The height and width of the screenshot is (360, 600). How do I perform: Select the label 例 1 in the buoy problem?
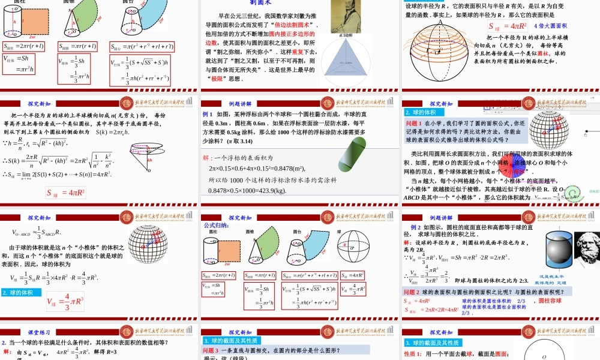[x=208, y=113]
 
